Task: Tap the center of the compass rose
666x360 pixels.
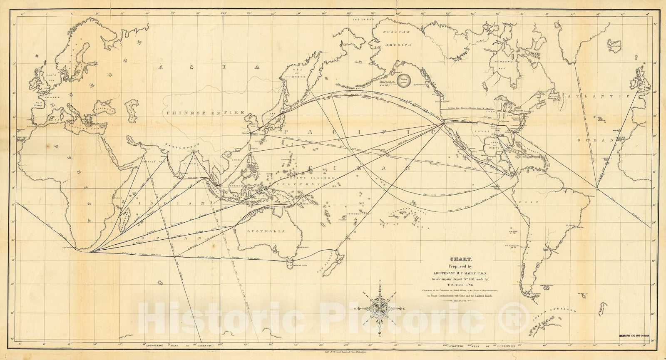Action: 380,308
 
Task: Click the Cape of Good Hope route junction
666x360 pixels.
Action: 87,251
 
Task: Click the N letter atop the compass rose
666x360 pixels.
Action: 380,285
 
